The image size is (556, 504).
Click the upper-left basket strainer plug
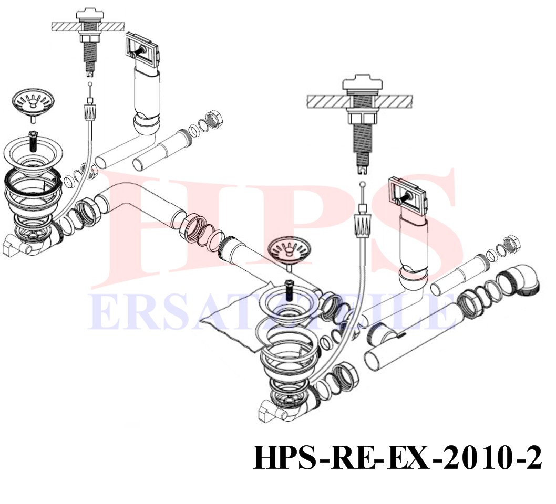(x=33, y=103)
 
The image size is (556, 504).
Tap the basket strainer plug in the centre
(x=290, y=252)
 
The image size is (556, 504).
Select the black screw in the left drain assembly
(x=33, y=141)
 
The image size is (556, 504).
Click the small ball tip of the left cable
(x=90, y=85)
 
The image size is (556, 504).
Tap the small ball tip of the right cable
(x=362, y=184)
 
